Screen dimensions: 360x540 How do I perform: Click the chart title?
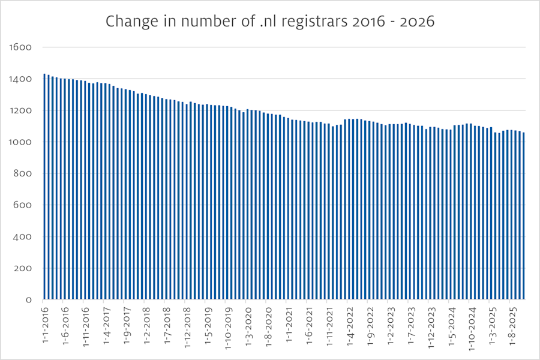[270, 22]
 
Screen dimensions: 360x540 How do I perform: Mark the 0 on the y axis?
[28, 299]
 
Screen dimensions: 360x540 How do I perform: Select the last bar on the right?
[523, 216]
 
